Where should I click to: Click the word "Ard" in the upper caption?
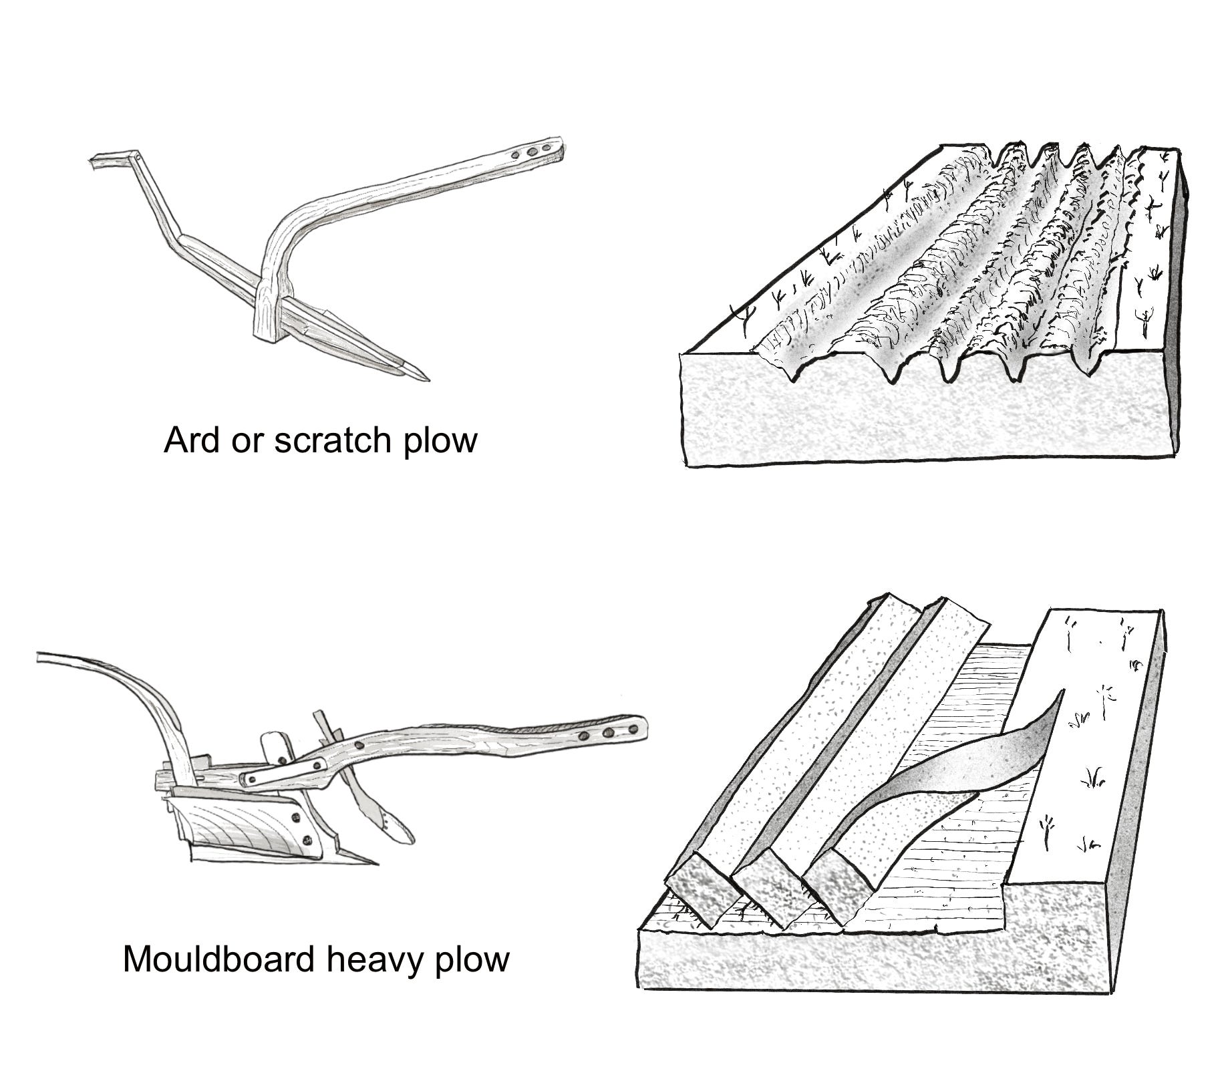click(x=190, y=441)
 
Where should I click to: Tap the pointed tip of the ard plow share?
click(x=426, y=379)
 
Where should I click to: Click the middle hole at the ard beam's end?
click(x=533, y=152)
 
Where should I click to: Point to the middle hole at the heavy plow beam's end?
click(x=607, y=734)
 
